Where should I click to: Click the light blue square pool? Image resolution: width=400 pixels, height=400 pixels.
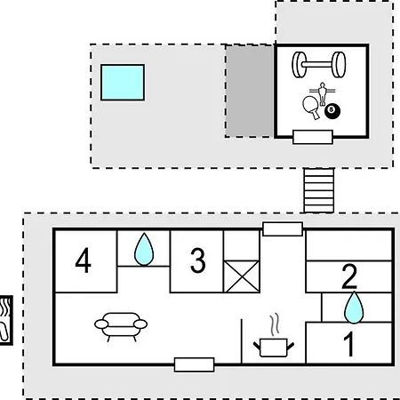(123, 83)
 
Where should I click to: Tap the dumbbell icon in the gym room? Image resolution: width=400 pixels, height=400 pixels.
(319, 65)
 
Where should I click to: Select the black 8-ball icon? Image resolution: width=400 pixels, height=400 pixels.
(332, 111)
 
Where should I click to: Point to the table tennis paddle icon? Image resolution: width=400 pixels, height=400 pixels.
(311, 107)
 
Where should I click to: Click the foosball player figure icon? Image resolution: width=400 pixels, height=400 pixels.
(323, 93)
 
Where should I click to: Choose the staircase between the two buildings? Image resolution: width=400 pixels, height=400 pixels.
(319, 190)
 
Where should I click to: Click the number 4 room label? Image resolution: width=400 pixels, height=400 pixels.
(83, 260)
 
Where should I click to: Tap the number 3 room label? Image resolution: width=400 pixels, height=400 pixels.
(197, 260)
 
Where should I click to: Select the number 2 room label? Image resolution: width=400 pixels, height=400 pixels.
(349, 276)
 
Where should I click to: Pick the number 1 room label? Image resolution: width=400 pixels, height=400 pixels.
(349, 344)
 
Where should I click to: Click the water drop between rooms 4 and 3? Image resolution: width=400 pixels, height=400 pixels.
(144, 249)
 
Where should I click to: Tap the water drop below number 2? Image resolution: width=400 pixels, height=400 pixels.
(354, 308)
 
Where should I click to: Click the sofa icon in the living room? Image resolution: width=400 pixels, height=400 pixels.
(121, 327)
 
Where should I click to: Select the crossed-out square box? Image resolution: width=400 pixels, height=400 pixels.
(242, 276)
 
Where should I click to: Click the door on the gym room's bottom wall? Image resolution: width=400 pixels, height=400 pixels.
(313, 137)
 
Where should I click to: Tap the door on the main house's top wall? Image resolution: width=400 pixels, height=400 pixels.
(283, 229)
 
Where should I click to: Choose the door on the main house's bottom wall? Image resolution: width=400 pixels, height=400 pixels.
(194, 364)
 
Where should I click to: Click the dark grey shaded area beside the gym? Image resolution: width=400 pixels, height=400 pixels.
(250, 91)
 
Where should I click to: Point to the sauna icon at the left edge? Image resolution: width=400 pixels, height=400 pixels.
(6, 320)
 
